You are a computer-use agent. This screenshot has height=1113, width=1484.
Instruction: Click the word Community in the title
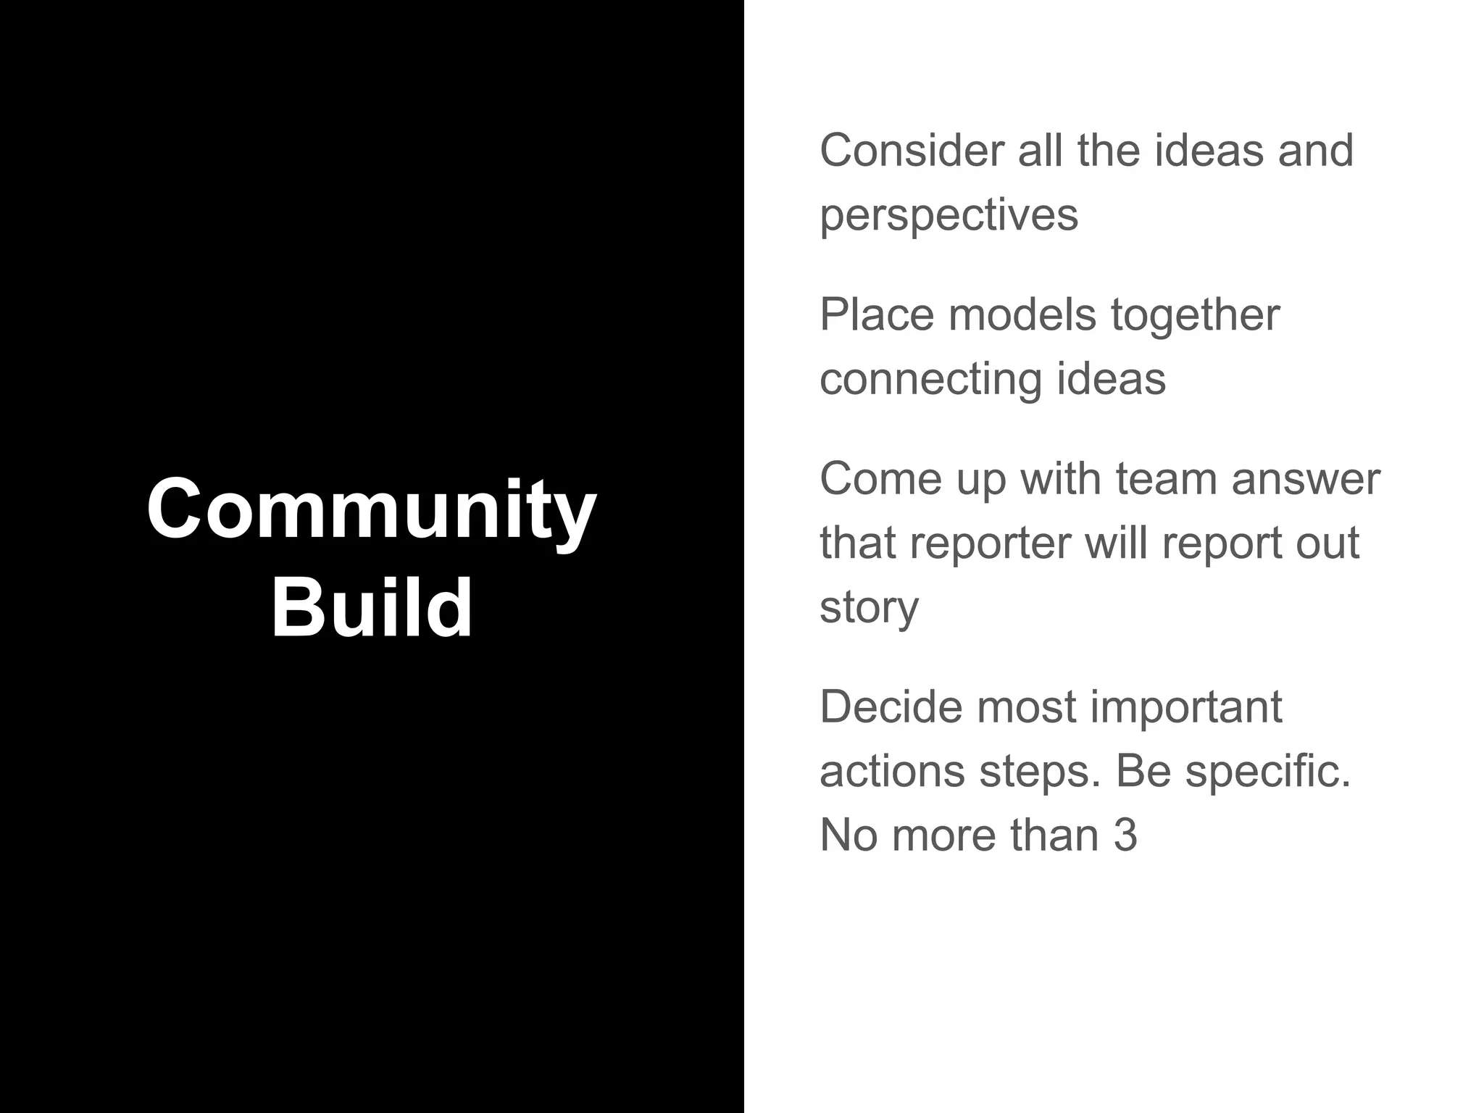click(371, 509)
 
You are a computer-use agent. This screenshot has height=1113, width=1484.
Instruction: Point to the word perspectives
click(949, 215)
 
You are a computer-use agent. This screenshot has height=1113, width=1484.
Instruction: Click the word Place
click(876, 315)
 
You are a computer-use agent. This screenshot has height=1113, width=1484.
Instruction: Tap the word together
click(1195, 317)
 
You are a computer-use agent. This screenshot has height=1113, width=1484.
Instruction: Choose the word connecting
click(930, 380)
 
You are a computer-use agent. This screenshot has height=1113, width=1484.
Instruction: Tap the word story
click(869, 607)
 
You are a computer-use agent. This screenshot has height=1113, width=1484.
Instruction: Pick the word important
click(1186, 708)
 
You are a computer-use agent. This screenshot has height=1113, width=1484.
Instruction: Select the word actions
click(892, 771)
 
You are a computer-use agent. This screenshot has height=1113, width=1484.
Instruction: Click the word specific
click(1268, 771)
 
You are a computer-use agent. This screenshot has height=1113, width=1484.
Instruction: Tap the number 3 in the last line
click(1125, 835)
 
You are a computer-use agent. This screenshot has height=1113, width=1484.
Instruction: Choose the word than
click(1054, 835)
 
